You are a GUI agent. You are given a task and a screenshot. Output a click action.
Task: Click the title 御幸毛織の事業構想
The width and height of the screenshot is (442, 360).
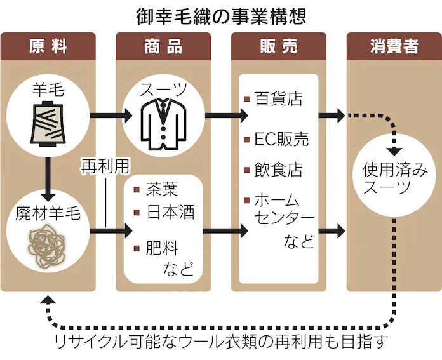(220, 15)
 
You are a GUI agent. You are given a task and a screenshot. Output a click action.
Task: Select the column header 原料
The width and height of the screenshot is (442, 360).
(48, 46)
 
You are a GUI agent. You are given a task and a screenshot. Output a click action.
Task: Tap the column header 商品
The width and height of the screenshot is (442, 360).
(163, 46)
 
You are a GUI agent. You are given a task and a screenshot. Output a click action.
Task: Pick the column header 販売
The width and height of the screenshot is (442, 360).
(279, 46)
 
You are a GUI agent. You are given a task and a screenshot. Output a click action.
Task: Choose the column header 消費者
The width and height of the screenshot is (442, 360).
(394, 46)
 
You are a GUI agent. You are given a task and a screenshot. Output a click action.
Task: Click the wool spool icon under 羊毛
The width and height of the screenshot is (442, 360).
(48, 125)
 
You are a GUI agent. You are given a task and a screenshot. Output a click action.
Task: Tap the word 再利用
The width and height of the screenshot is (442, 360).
(105, 166)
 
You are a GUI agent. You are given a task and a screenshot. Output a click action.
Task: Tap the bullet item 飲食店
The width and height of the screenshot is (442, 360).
(278, 170)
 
